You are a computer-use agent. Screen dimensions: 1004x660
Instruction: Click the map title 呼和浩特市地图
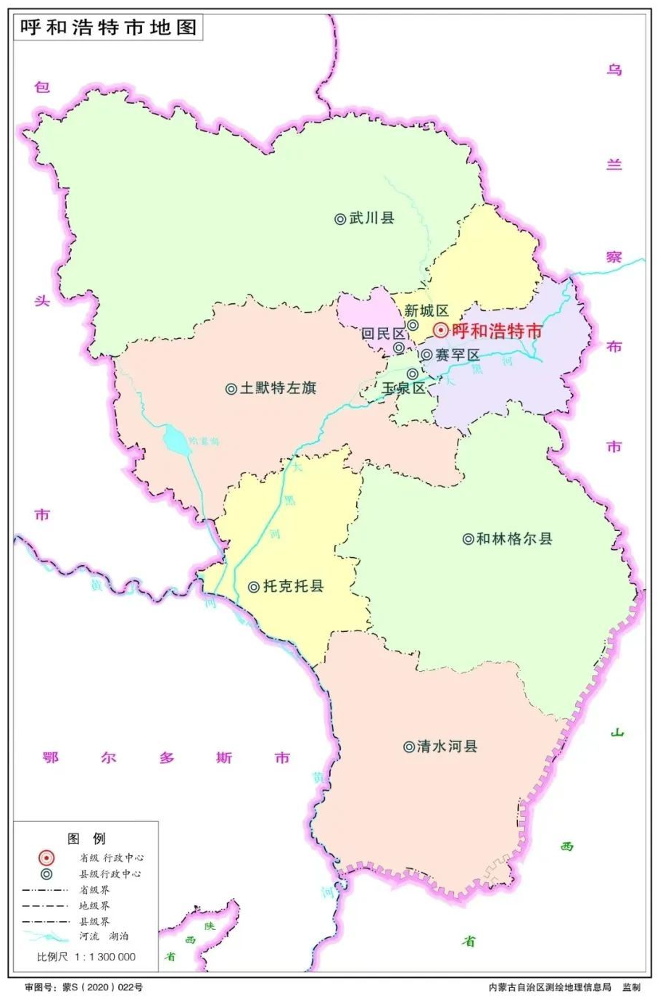click(x=107, y=28)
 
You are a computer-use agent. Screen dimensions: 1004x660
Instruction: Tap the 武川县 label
click(x=371, y=218)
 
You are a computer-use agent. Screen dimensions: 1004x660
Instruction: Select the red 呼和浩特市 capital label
click(x=497, y=331)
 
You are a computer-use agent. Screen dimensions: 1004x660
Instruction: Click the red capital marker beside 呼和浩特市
click(x=440, y=331)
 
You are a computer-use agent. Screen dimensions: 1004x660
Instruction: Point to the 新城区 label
click(x=426, y=311)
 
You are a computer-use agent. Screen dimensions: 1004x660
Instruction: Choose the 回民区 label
click(x=383, y=334)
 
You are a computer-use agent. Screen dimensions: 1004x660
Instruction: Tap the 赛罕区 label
click(x=457, y=355)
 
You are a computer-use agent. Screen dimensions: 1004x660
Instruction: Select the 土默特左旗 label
click(x=278, y=388)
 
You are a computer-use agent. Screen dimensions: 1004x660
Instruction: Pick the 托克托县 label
click(x=293, y=586)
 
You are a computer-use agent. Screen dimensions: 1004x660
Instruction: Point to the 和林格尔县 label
click(x=514, y=538)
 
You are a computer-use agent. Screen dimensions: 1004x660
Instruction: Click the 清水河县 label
click(x=447, y=746)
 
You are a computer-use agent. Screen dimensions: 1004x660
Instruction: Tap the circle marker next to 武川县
click(x=340, y=218)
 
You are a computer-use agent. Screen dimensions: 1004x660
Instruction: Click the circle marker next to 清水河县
click(x=409, y=746)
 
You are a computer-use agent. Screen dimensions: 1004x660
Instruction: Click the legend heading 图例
click(x=86, y=839)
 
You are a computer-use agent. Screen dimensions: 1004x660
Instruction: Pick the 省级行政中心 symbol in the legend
click(x=47, y=857)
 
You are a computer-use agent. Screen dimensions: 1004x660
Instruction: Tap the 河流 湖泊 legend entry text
click(x=104, y=937)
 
